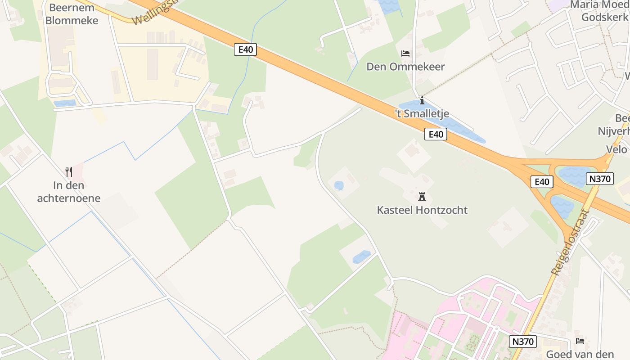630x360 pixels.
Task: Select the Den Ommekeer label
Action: coord(405,67)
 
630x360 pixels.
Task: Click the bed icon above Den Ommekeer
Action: coord(405,54)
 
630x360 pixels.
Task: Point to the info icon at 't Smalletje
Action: coord(422,100)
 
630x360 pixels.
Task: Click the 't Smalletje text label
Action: coord(422,114)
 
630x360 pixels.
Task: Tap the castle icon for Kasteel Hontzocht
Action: coord(422,197)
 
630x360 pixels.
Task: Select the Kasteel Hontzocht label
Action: coord(422,210)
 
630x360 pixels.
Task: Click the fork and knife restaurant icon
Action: coord(69,171)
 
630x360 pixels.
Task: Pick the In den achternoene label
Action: coord(69,192)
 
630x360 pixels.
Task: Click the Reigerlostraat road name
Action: coord(570,243)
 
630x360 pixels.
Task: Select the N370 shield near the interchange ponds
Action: coord(600,179)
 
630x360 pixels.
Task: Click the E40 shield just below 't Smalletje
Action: coord(436,134)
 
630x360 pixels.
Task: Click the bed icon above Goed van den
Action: coord(580,341)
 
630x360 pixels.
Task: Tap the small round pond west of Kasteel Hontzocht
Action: coord(339,185)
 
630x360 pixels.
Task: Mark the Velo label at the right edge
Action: coord(616,149)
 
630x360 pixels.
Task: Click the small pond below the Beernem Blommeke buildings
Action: coord(65,103)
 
